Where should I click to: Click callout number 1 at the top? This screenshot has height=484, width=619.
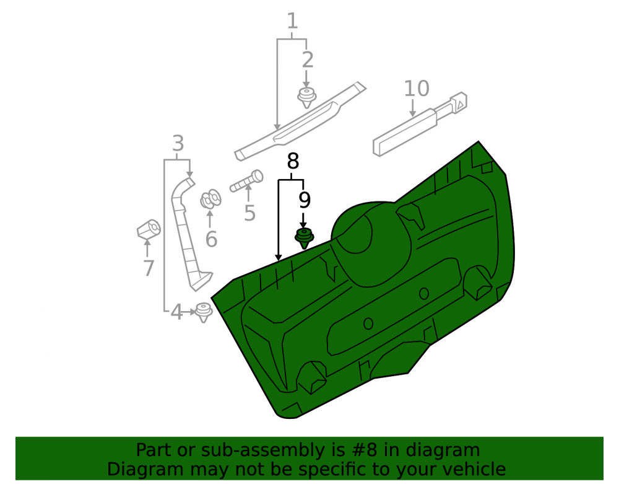coord(292,21)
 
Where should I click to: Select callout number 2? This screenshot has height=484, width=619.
coord(308,60)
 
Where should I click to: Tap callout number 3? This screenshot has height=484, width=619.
coord(178,143)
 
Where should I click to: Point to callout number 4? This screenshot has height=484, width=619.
coord(176,312)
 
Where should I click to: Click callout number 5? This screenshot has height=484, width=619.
coord(249,213)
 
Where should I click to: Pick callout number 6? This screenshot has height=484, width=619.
coord(211,239)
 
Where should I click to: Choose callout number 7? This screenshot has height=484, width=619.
coord(149,268)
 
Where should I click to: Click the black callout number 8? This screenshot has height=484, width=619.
coord(293,161)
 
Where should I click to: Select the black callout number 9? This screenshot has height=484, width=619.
coord(304,200)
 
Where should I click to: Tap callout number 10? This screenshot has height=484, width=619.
coord(417,89)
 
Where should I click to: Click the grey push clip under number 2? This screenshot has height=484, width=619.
coord(307,97)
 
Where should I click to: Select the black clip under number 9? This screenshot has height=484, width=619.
coord(305,238)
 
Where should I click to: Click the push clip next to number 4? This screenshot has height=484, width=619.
coord(204,312)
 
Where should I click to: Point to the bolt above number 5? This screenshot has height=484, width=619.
coord(247,181)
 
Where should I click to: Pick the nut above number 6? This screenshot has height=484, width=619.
coord(210,199)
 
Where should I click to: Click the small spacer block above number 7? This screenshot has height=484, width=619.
coord(149,229)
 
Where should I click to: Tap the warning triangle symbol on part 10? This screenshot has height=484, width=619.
coord(460,105)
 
